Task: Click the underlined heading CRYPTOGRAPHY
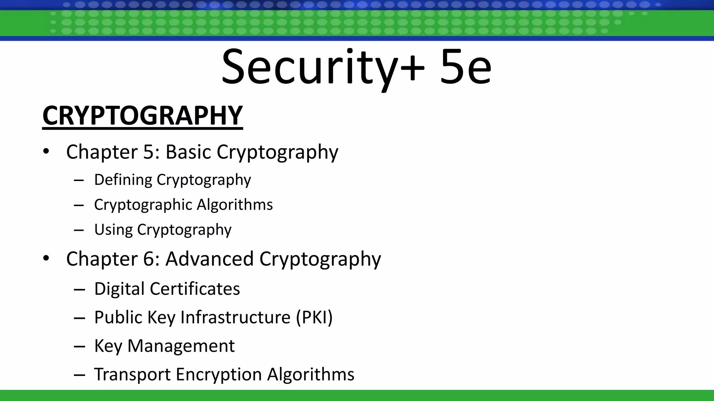(142, 116)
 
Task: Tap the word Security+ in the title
(322, 67)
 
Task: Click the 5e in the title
(465, 67)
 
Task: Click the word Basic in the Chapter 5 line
(188, 152)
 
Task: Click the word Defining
(123, 180)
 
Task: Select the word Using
(113, 230)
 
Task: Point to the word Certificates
(195, 289)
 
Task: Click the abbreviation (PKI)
(314, 317)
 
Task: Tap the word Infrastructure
(235, 317)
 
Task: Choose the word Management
(181, 346)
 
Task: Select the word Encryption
(219, 375)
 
